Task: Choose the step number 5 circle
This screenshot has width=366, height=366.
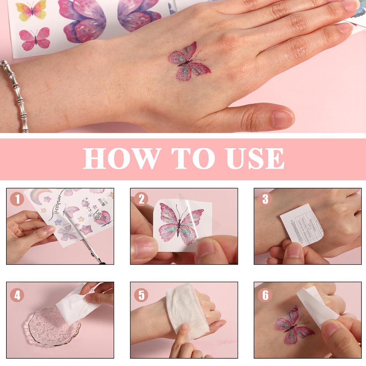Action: (141, 295)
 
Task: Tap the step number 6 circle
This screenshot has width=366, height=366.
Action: (265, 295)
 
